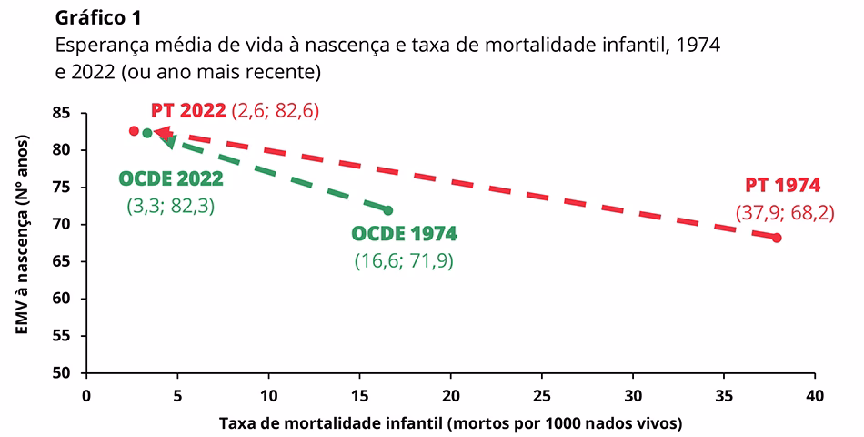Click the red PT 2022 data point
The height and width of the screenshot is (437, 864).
tap(134, 131)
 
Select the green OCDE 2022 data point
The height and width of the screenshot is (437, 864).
tap(147, 133)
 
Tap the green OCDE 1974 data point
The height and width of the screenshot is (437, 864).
tap(388, 210)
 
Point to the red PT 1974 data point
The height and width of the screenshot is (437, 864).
tap(777, 238)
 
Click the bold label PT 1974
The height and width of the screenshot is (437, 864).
tap(782, 186)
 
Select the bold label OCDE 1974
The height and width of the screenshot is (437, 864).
tap(404, 234)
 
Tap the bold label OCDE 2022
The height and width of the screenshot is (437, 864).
tap(171, 178)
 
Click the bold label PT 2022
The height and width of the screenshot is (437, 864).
tap(188, 110)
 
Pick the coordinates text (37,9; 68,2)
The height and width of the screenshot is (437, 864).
tap(784, 213)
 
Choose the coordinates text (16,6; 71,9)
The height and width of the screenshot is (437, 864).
tap(404, 261)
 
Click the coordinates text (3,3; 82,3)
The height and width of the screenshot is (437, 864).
tap(171, 206)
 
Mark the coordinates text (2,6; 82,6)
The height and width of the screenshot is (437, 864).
tap(276, 110)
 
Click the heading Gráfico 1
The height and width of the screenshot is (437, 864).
tap(98, 17)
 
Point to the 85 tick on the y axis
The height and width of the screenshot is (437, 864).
tap(63, 114)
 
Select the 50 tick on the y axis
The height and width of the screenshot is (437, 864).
tap(63, 373)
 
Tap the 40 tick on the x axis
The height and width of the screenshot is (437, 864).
tap(815, 396)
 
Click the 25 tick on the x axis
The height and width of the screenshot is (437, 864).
tap(542, 396)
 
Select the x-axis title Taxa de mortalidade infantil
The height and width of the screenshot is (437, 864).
tap(450, 423)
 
